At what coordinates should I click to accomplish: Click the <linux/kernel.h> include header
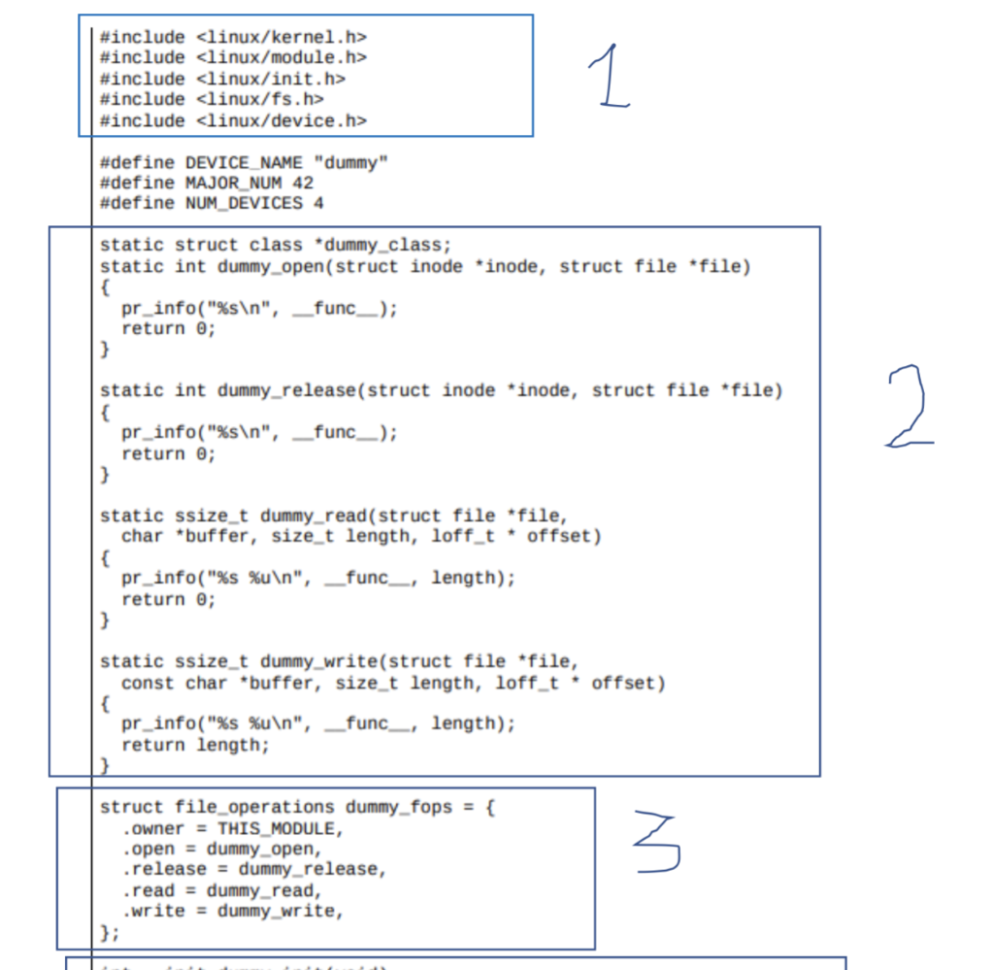coord(282,37)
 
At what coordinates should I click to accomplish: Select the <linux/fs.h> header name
coord(260,99)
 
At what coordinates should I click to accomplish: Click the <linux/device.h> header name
coord(282,120)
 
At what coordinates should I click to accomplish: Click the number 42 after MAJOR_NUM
coord(303,183)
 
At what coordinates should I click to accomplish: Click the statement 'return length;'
coord(195,745)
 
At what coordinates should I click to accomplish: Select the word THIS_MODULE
coord(280,828)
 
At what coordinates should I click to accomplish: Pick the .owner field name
coord(153,828)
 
